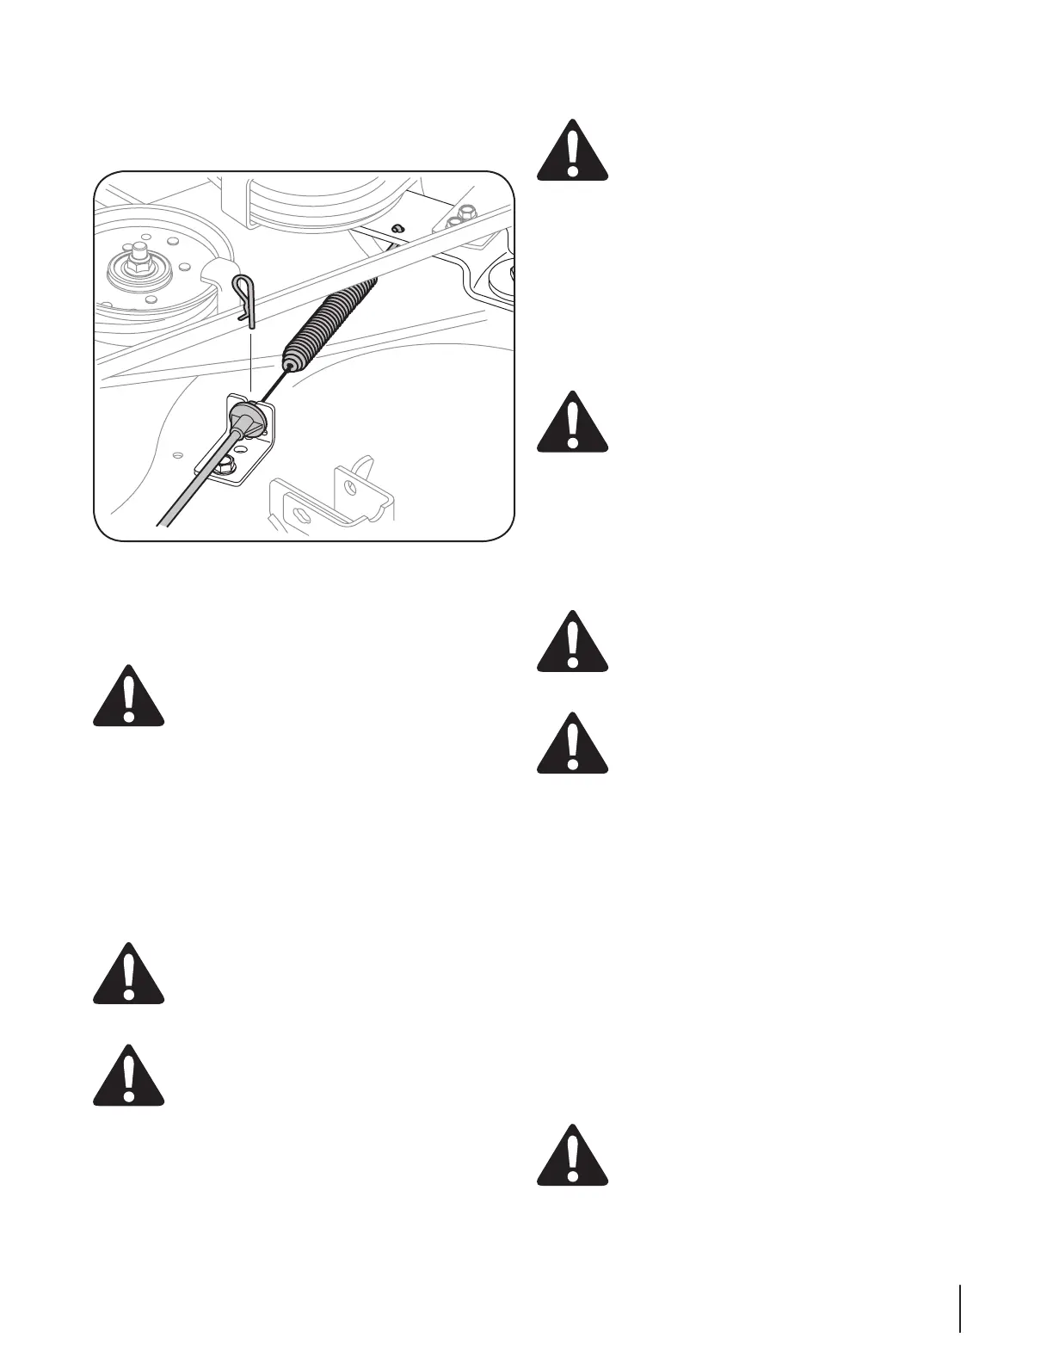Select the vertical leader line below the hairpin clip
tap(250, 361)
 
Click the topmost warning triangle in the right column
tap(572, 150)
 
